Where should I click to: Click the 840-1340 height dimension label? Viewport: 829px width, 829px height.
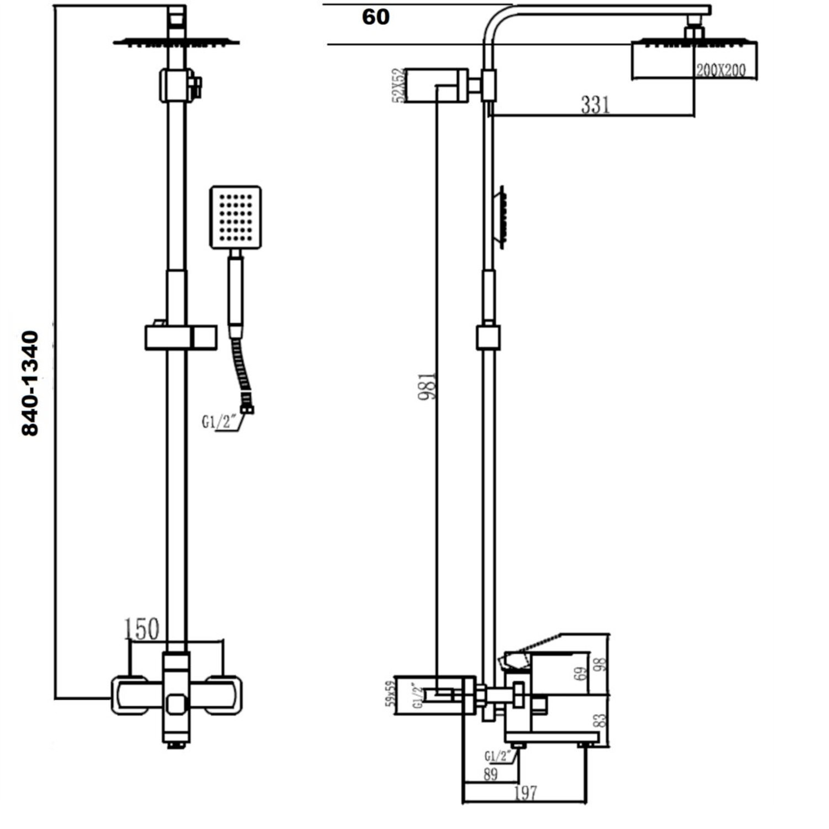click(30, 384)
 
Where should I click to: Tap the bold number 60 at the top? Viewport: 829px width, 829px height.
click(376, 17)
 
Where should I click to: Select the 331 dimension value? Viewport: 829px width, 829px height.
click(595, 104)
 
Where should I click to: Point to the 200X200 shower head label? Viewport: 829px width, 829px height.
click(721, 70)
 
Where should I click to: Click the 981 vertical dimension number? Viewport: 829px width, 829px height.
click(427, 385)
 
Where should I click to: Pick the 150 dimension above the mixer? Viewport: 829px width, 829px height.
click(141, 629)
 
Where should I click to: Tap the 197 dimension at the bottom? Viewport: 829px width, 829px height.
click(525, 793)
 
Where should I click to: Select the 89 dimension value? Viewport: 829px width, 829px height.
click(490, 774)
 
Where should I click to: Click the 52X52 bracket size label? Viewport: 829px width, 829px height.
click(398, 86)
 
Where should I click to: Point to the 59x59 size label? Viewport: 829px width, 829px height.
click(390, 694)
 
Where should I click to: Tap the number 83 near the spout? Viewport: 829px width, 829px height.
click(601, 721)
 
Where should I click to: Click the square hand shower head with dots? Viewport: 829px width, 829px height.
click(235, 217)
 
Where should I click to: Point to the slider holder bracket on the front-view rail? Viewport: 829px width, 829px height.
click(181, 337)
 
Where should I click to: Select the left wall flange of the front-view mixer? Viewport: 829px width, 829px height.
click(130, 695)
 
